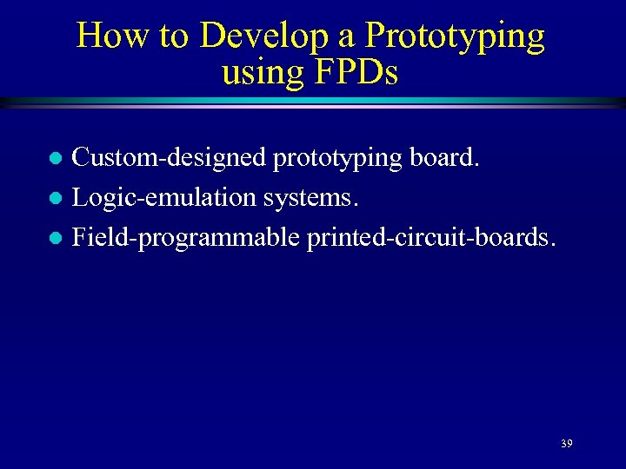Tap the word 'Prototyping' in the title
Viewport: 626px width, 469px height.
[455, 36]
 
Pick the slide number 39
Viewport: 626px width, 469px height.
[566, 444]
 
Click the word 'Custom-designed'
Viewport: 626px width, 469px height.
[170, 158]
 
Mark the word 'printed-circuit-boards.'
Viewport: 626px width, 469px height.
[430, 236]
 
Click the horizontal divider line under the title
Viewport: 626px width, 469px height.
[313, 102]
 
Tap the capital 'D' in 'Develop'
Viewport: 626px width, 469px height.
[212, 36]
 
